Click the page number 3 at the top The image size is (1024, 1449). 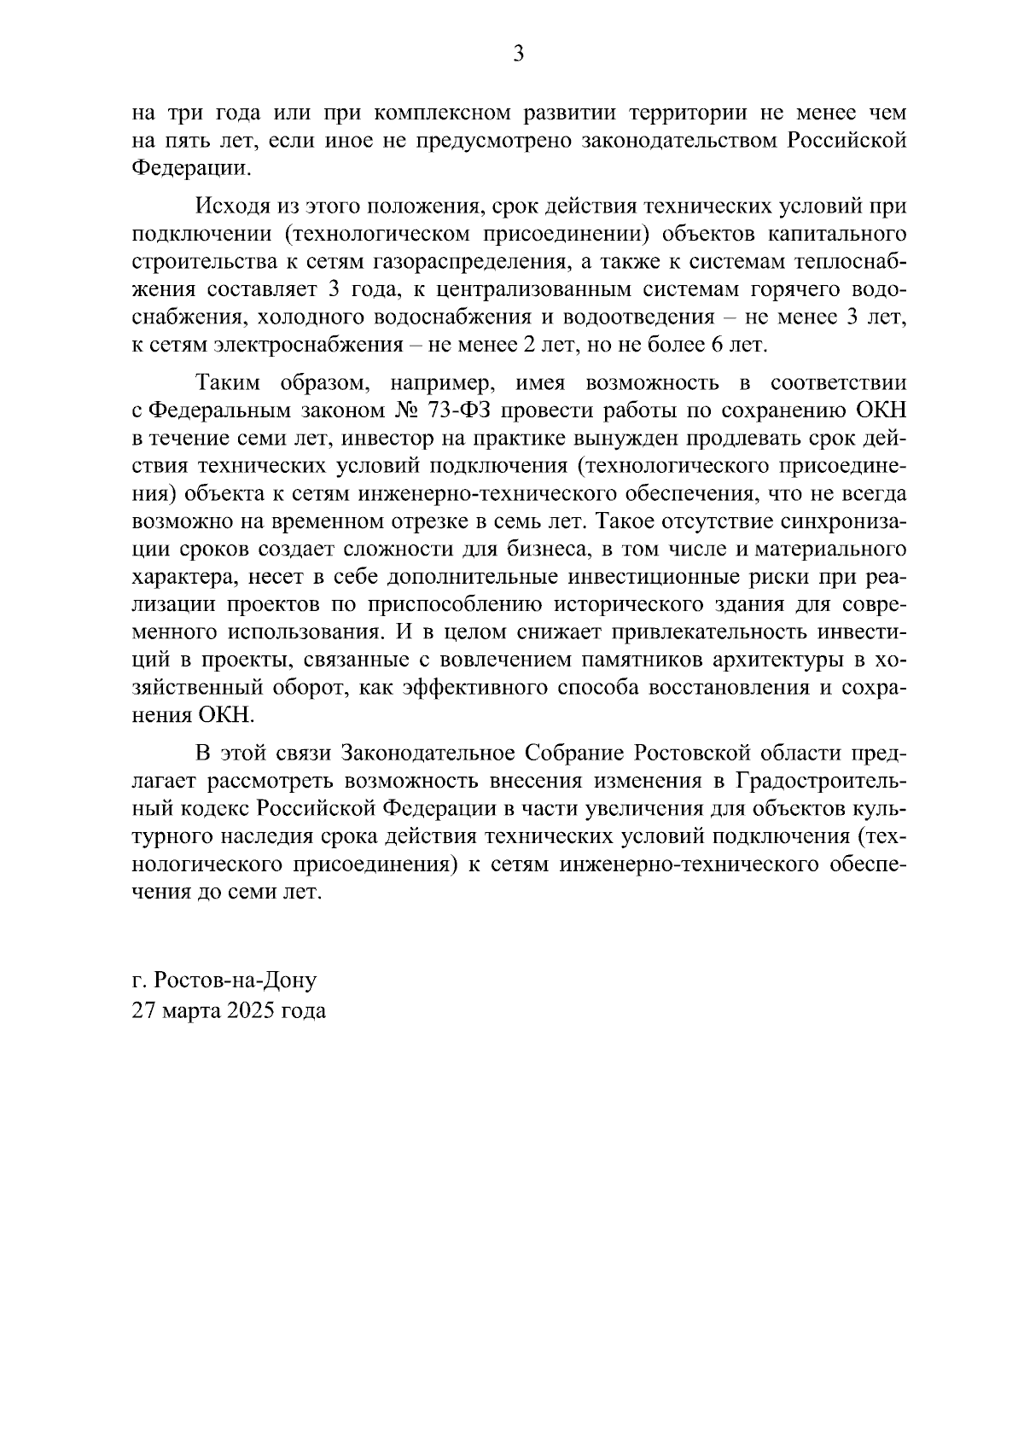(518, 55)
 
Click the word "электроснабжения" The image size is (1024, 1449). (276, 345)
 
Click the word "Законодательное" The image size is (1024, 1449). (428, 754)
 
